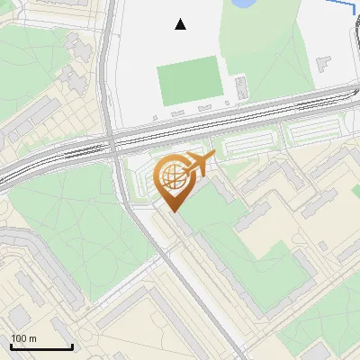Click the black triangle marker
coord(181,24)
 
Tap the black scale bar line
coord(41,347)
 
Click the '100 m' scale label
coord(23,338)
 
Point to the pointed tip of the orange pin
coord(173,211)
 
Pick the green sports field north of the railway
coord(190,80)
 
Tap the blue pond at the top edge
coord(244,4)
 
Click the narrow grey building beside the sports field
coord(241,86)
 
